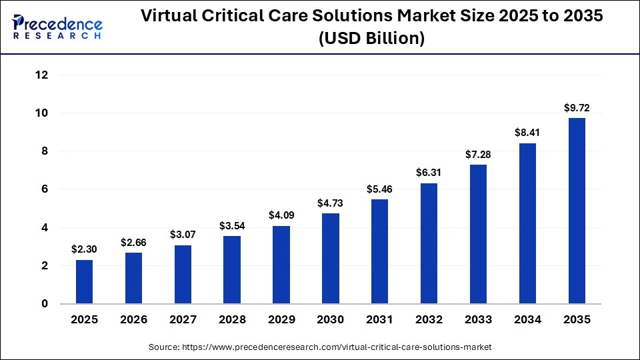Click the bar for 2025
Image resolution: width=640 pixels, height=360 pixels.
coord(84,281)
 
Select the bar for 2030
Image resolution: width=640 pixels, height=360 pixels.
coord(330,258)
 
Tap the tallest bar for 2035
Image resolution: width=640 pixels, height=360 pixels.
coord(577,211)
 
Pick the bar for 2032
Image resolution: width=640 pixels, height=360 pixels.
coord(429,243)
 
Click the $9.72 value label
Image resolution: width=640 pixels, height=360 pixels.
coord(577,107)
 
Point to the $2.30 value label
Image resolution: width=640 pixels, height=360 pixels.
coord(84,249)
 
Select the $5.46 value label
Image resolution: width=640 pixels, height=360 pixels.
coord(379,189)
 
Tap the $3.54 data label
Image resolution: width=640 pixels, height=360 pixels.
coord(232,225)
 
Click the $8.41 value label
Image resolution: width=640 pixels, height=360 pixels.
coord(527,133)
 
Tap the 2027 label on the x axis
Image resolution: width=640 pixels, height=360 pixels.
coord(183,320)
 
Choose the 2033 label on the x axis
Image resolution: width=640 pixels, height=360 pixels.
coord(478,320)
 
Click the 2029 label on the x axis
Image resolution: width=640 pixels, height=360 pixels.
coord(281,320)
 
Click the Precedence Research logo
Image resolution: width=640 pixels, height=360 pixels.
coord(57,27)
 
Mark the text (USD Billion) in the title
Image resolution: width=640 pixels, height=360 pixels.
coord(372,39)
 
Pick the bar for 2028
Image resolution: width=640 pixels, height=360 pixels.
coord(232,269)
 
